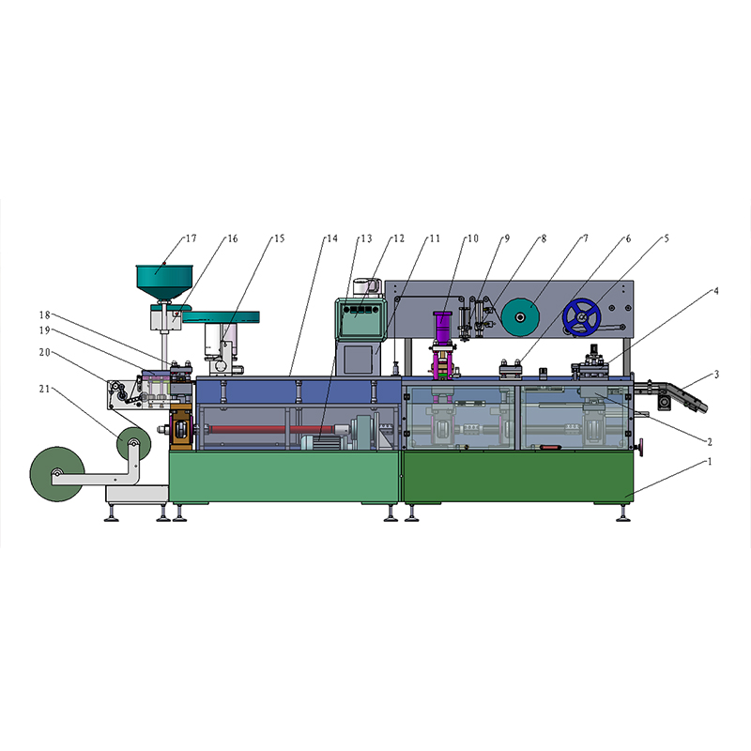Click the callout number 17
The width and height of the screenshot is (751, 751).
coord(192,238)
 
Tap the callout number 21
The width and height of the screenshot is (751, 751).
coord(44,389)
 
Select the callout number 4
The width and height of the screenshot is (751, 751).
coord(716,291)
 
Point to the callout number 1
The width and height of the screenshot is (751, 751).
coord(710,461)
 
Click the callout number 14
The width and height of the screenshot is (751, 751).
coord(332,238)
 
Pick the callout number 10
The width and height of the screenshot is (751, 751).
coord(473,238)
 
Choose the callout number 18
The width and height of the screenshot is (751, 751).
coord(44,314)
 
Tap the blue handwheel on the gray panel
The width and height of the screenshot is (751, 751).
coord(582,317)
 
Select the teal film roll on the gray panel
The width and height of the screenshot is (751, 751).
coord(521,316)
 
